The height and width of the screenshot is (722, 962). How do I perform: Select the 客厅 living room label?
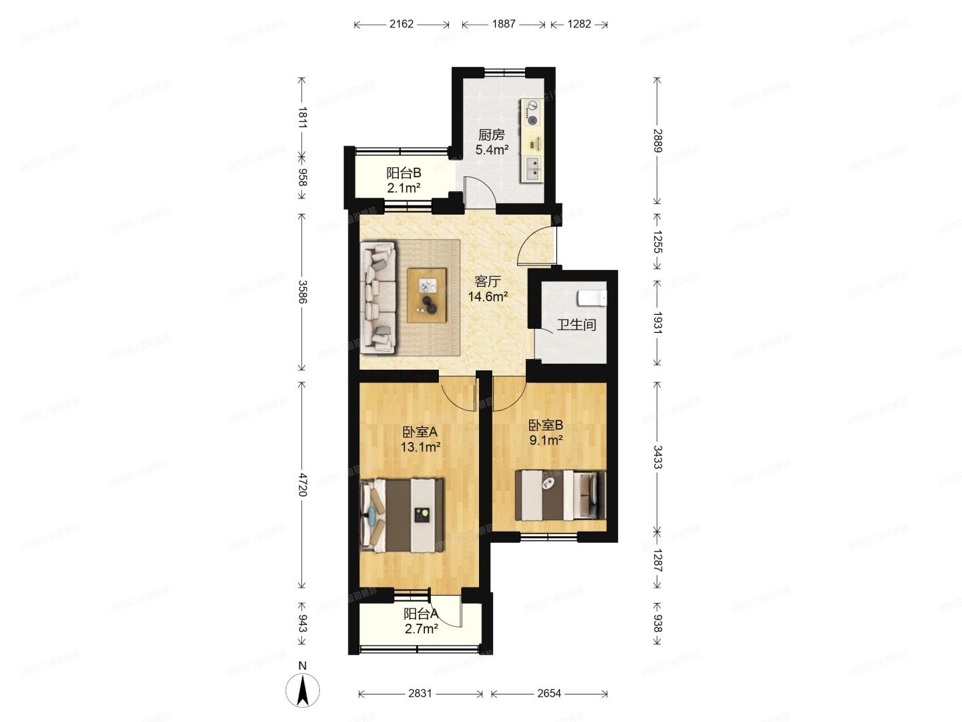click(487, 281)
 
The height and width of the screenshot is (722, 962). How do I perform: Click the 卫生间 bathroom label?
click(577, 325)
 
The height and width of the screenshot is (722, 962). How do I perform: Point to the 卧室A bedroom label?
click(420, 432)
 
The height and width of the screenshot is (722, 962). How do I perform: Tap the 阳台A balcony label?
click(421, 614)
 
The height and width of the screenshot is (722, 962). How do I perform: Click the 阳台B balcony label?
click(404, 172)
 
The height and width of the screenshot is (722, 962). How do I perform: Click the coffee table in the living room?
click(428, 295)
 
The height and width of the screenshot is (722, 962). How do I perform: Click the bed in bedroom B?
click(560, 495)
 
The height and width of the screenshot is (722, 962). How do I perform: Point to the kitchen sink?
click(533, 169)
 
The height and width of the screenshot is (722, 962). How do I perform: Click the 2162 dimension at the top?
click(402, 25)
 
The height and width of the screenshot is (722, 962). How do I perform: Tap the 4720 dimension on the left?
click(301, 484)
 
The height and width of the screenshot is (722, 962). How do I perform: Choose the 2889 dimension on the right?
click(657, 141)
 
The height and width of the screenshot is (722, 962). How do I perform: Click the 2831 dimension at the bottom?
click(421, 694)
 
